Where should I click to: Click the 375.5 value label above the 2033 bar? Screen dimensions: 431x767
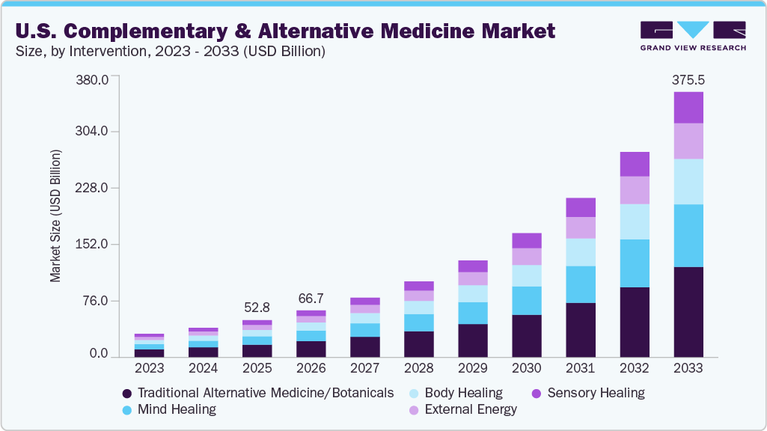688,80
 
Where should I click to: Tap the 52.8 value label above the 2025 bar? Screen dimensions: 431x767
257,308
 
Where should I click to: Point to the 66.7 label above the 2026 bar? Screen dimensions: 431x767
311,299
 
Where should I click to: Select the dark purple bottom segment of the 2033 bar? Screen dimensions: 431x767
688,311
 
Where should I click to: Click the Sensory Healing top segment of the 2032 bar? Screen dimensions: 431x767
635,164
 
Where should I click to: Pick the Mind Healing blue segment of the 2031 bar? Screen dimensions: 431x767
581,284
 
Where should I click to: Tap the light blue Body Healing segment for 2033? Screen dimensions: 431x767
688,181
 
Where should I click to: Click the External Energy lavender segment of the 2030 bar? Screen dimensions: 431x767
527,257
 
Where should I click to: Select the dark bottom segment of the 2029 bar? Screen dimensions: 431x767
473,340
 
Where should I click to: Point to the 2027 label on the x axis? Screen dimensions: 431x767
364,369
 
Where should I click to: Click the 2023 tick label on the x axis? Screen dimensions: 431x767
149,369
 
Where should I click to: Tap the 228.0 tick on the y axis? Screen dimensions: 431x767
94,188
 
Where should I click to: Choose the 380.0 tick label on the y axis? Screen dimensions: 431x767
94,79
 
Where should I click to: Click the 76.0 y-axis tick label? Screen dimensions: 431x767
97,301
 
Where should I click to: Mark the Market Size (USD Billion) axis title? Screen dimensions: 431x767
56,215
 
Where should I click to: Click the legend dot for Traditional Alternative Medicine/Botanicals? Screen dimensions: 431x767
127,394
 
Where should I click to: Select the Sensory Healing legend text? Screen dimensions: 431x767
596,393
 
